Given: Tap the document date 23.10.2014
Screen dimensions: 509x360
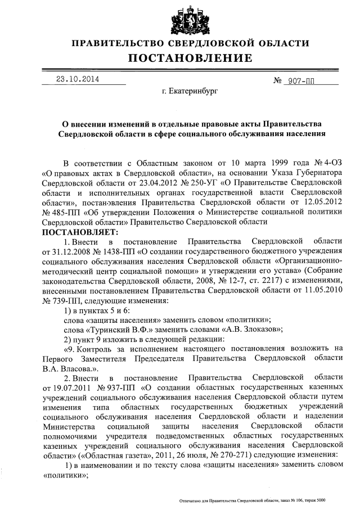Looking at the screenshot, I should [76, 79].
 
